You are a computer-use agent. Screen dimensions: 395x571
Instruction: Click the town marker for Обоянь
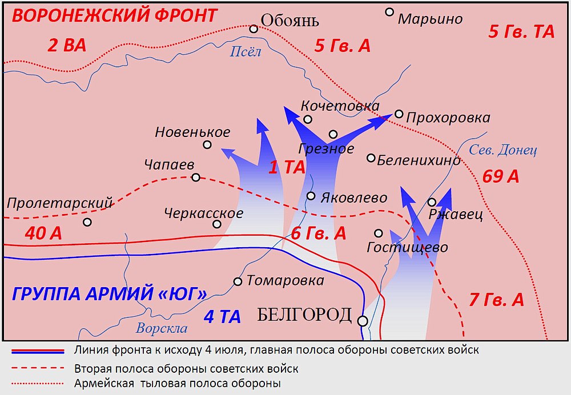[254, 29]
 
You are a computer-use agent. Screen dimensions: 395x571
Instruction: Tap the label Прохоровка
[448, 118]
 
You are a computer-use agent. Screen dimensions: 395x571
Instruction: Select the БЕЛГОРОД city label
[304, 315]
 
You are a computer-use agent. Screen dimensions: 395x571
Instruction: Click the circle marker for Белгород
[363, 321]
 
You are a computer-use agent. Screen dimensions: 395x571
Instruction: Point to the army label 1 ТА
[287, 167]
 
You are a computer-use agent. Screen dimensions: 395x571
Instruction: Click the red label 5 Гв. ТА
[521, 32]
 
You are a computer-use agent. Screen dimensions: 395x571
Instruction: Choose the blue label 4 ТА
[223, 317]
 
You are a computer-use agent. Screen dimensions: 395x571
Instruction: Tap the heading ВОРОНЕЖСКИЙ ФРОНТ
[115, 15]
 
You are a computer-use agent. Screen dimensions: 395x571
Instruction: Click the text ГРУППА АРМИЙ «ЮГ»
[109, 294]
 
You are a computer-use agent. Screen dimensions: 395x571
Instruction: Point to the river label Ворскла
[162, 328]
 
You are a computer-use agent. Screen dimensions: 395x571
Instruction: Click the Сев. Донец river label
[503, 150]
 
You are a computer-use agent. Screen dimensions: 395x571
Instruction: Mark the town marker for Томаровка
[238, 281]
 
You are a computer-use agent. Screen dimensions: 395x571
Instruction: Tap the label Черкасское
[203, 213]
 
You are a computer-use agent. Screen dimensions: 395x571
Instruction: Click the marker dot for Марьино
[390, 11]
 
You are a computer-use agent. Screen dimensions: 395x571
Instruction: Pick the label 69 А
[501, 176]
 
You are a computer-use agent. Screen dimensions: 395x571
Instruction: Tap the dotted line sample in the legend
[35, 384]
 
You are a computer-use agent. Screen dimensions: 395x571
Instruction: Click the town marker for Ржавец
[432, 202]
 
